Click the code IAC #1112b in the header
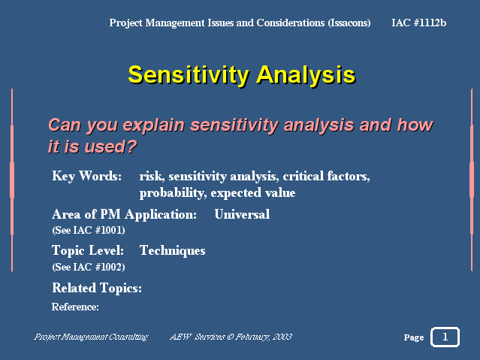[x=418, y=23]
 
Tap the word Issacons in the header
[x=349, y=23]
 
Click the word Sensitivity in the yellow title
[x=189, y=75]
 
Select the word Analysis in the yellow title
[x=306, y=75]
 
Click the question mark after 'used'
[x=131, y=147]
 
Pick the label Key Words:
[x=87, y=176]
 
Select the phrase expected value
[x=253, y=193]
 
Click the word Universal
[x=242, y=214]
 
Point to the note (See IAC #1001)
[x=89, y=230]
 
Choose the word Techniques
[x=172, y=251]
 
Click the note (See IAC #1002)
[x=89, y=267]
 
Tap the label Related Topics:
[x=97, y=289]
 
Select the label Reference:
[x=75, y=307]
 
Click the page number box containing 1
[x=445, y=337]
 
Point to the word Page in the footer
[x=414, y=337]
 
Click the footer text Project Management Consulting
[x=91, y=337]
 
